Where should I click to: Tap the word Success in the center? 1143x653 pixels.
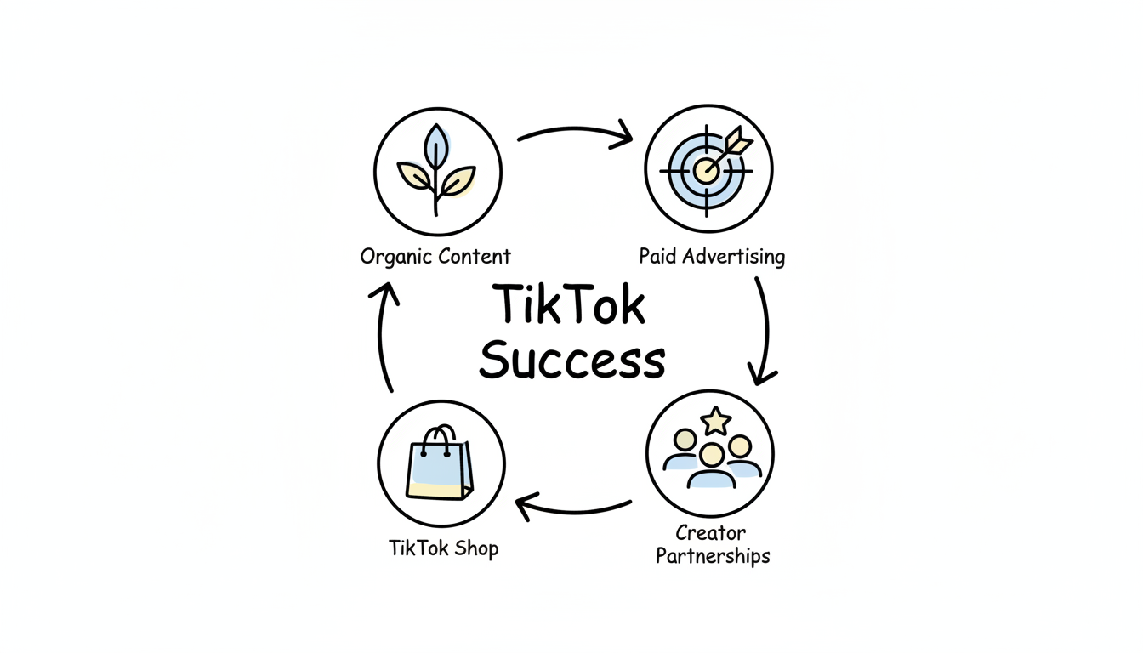tap(571, 361)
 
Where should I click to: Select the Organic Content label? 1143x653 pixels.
tap(435, 256)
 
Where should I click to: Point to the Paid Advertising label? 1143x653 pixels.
tap(712, 256)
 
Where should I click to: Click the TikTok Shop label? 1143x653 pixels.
tap(443, 548)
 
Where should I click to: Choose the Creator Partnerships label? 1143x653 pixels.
tap(713, 545)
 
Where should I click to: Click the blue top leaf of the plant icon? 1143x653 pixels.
tap(436, 145)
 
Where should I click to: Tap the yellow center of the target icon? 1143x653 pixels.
tap(705, 170)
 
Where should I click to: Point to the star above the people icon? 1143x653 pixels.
tap(716, 419)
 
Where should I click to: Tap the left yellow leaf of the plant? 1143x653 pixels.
tap(415, 177)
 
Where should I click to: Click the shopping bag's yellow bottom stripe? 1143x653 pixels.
tap(439, 488)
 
